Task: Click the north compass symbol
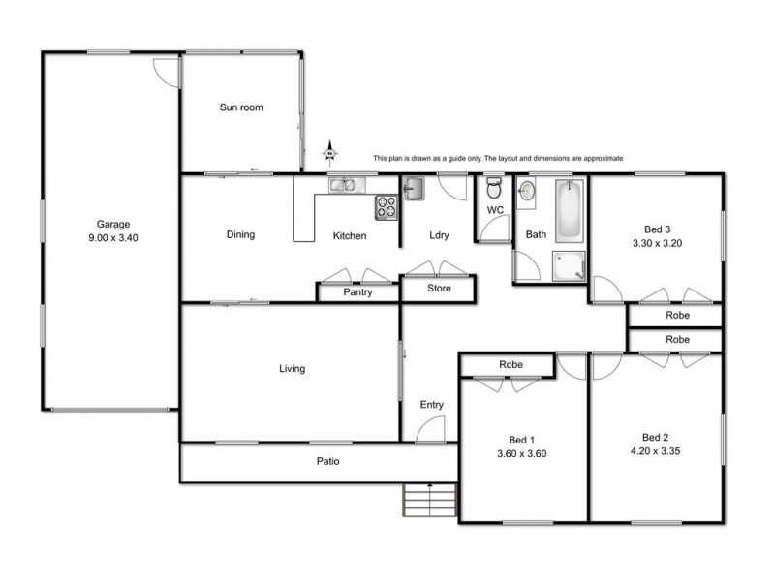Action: click(x=331, y=152)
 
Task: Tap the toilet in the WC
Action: click(x=493, y=188)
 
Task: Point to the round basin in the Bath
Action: click(x=527, y=191)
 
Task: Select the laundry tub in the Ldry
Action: click(x=414, y=188)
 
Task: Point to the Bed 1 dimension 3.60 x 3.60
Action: click(x=522, y=452)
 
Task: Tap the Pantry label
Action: click(x=357, y=292)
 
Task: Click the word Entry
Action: click(x=431, y=405)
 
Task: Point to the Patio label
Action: click(x=325, y=461)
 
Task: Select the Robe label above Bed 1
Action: click(x=511, y=365)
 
